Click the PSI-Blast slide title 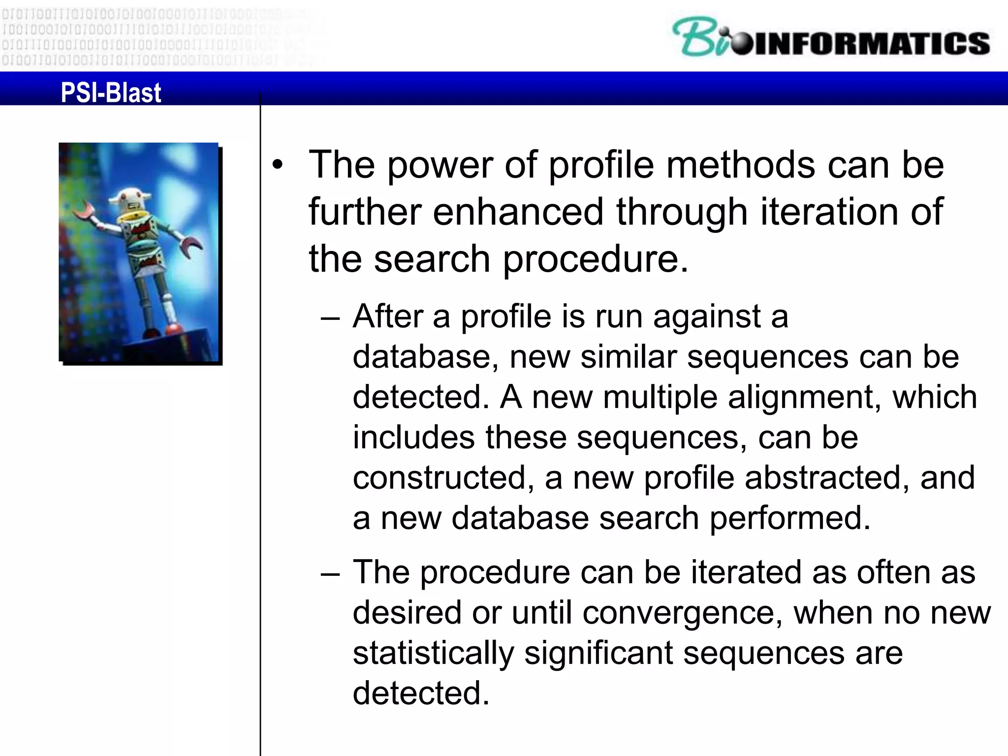(111, 93)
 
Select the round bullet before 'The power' (278, 165)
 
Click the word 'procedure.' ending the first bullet (595, 259)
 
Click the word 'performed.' (789, 518)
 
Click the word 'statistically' (433, 654)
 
